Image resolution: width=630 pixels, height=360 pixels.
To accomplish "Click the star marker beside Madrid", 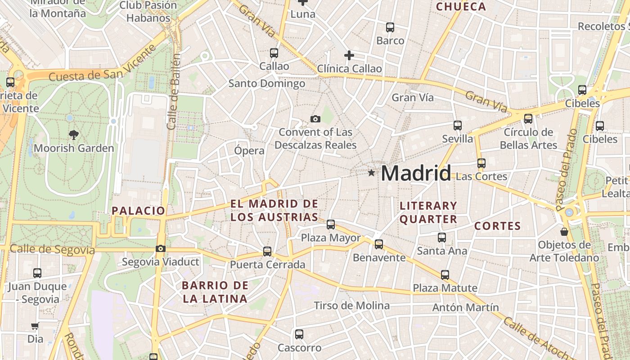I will [371, 173].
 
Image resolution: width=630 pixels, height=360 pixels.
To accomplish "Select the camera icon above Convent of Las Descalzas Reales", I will [315, 119].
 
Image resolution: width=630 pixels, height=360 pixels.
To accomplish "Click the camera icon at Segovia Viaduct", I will [160, 248].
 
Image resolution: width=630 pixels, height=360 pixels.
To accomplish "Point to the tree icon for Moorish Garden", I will [73, 134].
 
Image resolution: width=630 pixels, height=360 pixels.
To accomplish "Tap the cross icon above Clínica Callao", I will [349, 55].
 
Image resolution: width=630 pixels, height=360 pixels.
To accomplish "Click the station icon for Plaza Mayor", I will [331, 224].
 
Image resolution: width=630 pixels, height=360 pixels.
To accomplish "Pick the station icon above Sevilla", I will [458, 125].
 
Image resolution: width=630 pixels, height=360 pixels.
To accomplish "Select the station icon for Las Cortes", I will [481, 163].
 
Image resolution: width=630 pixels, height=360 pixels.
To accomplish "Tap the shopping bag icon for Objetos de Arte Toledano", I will [564, 232].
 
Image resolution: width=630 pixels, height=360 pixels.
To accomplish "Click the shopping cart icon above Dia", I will [35, 325].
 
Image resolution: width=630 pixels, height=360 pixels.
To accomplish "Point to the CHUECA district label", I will [461, 7].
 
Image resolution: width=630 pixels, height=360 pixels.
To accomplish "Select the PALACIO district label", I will [139, 210].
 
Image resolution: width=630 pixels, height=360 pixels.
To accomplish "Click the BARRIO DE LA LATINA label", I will [215, 292].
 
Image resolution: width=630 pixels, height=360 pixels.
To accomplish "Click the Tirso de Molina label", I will [352, 306].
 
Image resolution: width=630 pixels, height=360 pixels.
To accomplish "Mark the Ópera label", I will [249, 150].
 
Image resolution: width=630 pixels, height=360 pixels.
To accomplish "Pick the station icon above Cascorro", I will [299, 334].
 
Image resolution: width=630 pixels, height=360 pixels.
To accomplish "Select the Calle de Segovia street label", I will [52, 250].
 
